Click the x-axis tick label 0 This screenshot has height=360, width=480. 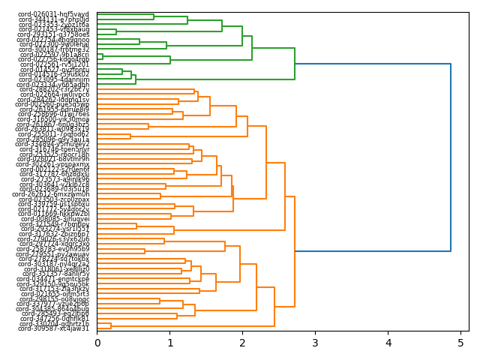[97, 343]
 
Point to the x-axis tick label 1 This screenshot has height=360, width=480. [170, 343]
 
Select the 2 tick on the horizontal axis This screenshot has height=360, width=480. [243, 343]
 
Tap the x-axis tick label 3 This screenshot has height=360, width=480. [316, 343]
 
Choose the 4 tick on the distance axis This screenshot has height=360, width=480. [388, 343]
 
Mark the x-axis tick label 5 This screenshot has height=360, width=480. [460, 343]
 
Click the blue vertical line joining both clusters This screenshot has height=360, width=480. [451, 157]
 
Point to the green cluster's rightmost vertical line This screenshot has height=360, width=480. [295, 64]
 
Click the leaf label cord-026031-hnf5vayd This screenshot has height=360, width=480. [53, 14]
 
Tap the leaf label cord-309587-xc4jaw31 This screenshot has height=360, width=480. [53, 328]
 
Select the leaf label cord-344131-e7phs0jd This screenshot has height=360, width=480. [53, 19]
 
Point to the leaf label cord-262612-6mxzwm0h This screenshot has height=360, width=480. [53, 194]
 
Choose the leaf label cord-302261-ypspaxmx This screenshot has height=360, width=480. [53, 164]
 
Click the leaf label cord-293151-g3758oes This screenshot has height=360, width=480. [53, 34]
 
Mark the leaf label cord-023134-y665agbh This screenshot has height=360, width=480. [53, 85]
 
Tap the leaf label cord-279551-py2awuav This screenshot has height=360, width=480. [53, 254]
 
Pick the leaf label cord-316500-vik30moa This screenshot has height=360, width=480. [53, 119]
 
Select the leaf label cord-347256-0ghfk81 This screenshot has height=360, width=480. [53, 319]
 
